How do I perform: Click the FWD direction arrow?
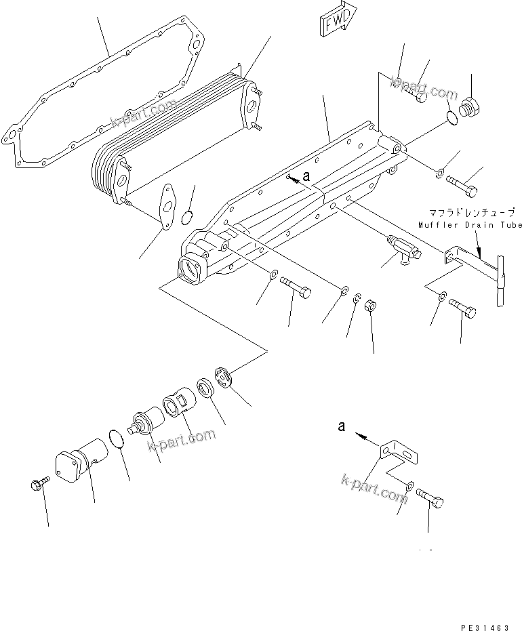pyautogui.click(x=335, y=21)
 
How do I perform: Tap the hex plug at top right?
pyautogui.click(x=468, y=109)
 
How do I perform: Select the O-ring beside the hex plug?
pyautogui.click(x=453, y=119)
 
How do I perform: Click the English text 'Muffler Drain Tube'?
pyautogui.click(x=470, y=225)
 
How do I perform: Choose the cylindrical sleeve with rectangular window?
pyautogui.click(x=178, y=405)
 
